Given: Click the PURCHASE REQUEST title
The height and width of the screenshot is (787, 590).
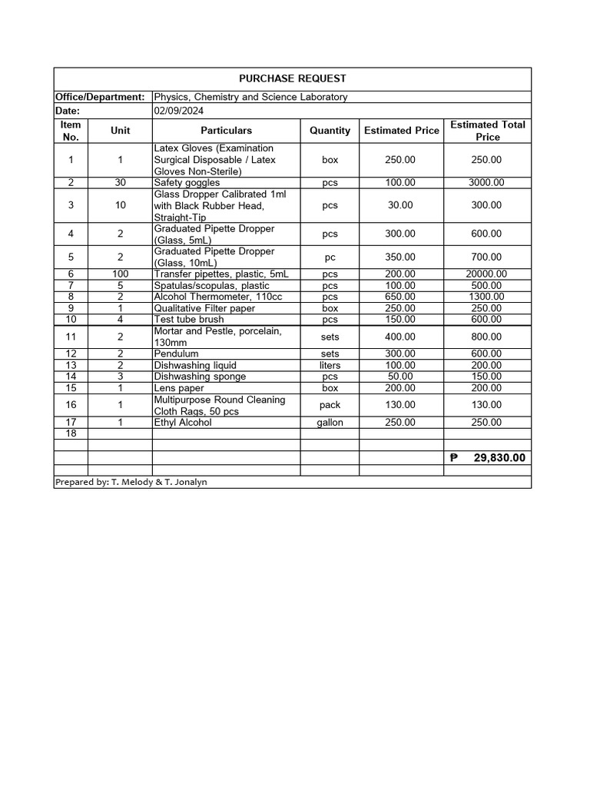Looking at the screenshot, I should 292,78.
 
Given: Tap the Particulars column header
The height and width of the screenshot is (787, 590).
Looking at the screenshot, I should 226,131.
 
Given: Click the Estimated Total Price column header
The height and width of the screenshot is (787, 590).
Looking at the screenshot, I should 487,131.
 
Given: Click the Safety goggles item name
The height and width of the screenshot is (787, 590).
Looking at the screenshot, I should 187,183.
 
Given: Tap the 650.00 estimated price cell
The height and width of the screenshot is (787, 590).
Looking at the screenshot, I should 400,297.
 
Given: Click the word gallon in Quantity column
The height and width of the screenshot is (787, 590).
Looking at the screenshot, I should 330,423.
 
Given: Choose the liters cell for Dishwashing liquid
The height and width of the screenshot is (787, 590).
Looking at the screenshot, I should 330,365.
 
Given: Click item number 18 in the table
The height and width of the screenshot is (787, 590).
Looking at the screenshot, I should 71,433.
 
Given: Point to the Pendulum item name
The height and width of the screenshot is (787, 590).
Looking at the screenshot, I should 176,354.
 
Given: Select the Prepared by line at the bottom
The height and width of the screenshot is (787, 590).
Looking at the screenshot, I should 131,482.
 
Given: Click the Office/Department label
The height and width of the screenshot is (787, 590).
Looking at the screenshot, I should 100,97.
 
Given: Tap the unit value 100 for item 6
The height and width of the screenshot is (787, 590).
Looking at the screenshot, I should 120,274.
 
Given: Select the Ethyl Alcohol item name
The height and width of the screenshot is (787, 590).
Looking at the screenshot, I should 183,423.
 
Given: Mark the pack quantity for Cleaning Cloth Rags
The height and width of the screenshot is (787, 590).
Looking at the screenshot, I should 330,405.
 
